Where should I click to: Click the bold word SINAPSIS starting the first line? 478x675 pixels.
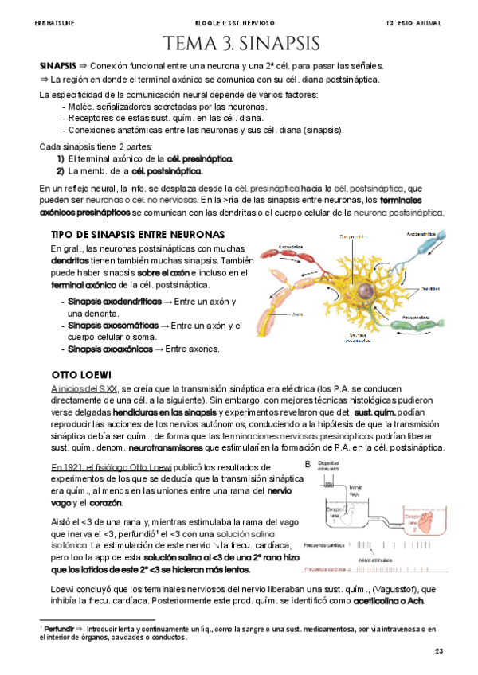tap(57, 65)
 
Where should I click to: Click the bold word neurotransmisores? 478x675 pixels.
tap(178, 449)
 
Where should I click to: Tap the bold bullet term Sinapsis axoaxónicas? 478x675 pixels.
tap(108, 349)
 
